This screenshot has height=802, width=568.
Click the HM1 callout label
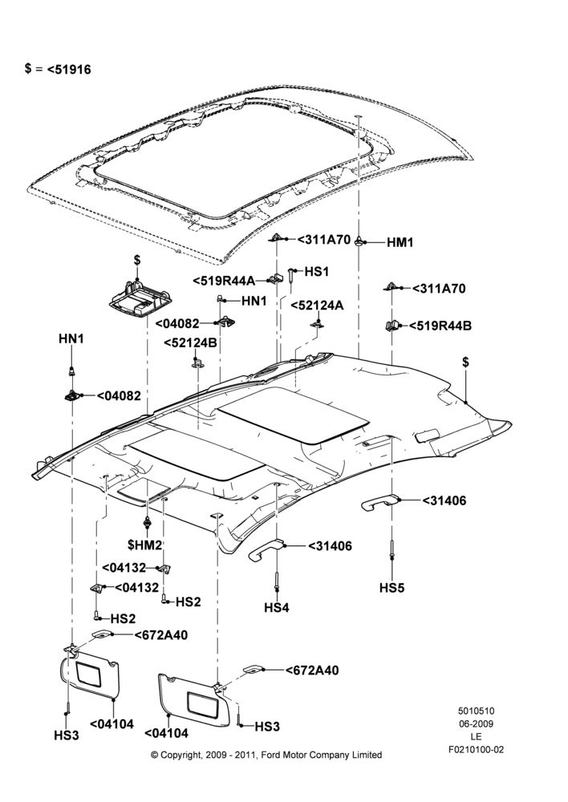tap(400, 242)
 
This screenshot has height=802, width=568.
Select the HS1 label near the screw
tap(317, 272)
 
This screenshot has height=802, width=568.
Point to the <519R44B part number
tap(440, 326)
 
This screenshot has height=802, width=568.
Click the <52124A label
tap(317, 306)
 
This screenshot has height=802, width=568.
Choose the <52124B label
tap(190, 342)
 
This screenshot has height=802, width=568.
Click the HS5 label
tap(392, 588)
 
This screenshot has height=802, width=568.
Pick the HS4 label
tap(277, 608)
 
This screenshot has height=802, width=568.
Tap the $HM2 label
tap(145, 545)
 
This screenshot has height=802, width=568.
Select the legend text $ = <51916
tap(58, 69)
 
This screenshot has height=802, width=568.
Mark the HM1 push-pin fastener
tap(360, 241)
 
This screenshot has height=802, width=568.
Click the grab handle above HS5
tap(379, 502)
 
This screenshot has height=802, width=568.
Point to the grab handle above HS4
tap(266, 549)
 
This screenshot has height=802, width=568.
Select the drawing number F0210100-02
tap(476, 750)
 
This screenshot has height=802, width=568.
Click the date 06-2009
tap(476, 723)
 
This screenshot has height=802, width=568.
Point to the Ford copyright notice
tap(266, 755)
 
